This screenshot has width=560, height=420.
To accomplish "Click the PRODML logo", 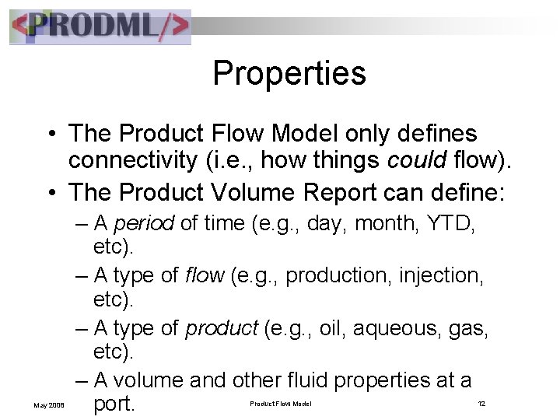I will tap(100, 26).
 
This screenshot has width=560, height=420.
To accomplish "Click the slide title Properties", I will tap(289, 74).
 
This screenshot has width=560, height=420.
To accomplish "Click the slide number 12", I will tap(481, 403).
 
